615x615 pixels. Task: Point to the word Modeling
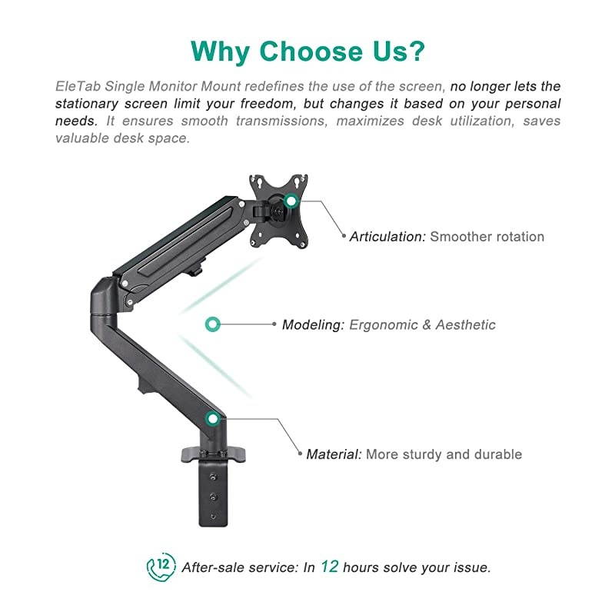[x=312, y=324]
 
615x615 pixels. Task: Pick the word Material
[x=334, y=454]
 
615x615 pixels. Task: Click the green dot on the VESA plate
[x=291, y=201]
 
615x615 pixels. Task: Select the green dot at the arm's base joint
[x=213, y=419]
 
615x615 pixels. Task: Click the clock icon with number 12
[x=161, y=567]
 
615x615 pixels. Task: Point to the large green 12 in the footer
[x=329, y=567]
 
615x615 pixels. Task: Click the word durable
[x=499, y=454]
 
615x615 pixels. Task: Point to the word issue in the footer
[x=470, y=567]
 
